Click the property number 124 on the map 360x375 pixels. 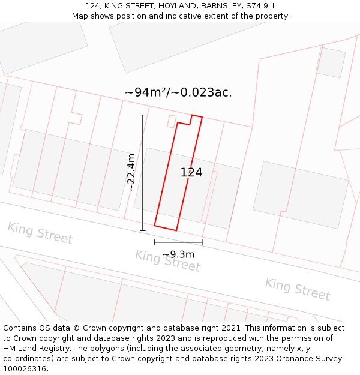(191, 173)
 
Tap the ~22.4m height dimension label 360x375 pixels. (131, 172)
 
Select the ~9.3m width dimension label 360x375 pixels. (178, 254)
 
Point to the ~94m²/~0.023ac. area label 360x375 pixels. (178, 92)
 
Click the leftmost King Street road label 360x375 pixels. (40, 233)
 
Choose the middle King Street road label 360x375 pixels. (167, 260)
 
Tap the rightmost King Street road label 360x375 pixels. (298, 289)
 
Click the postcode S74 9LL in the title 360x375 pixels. (261, 6)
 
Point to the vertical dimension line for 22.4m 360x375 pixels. (143, 172)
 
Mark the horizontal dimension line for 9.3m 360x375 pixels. (178, 242)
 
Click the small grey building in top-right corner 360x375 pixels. (331, 62)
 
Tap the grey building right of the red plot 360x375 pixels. (301, 194)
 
